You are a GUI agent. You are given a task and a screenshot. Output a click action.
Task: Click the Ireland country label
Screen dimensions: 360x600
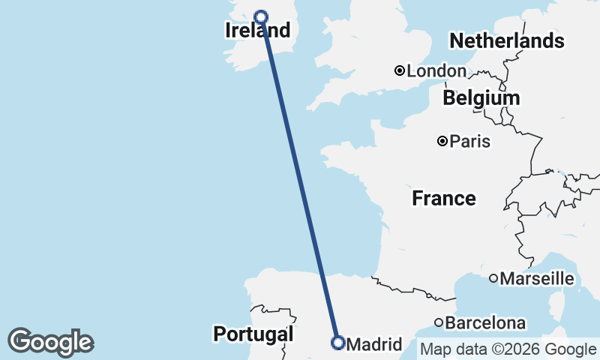click(x=257, y=31)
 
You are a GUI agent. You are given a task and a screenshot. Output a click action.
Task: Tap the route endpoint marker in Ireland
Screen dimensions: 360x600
click(x=261, y=17)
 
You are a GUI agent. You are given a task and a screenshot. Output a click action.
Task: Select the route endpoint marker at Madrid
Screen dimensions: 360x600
click(x=337, y=343)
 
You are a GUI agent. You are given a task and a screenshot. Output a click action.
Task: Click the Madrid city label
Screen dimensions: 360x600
click(x=376, y=344)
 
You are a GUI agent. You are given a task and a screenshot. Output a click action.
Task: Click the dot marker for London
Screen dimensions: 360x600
click(x=400, y=71)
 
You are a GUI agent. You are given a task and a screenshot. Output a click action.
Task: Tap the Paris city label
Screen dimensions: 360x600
click(x=470, y=141)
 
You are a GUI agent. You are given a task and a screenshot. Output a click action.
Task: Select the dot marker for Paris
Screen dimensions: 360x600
click(x=442, y=141)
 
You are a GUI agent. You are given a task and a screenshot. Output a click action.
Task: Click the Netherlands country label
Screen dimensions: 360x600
click(x=506, y=40)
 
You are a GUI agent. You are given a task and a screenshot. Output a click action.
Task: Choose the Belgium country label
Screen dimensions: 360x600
click(x=481, y=98)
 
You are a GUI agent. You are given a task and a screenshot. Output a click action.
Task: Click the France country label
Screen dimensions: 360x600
click(x=444, y=199)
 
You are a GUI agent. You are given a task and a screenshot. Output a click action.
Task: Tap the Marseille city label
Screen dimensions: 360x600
click(x=537, y=279)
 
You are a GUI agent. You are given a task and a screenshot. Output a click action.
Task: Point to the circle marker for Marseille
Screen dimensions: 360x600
click(x=493, y=278)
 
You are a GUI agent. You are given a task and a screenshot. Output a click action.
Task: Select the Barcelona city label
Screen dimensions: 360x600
click(x=485, y=323)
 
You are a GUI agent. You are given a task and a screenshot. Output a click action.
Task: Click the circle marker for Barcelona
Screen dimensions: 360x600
click(x=439, y=322)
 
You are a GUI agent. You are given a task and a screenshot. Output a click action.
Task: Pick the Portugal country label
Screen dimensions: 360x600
click(x=253, y=334)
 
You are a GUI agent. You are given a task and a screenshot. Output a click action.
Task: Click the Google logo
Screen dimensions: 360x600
click(x=50, y=342)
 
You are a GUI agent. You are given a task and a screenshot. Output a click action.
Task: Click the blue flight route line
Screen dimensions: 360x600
click(x=299, y=180)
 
